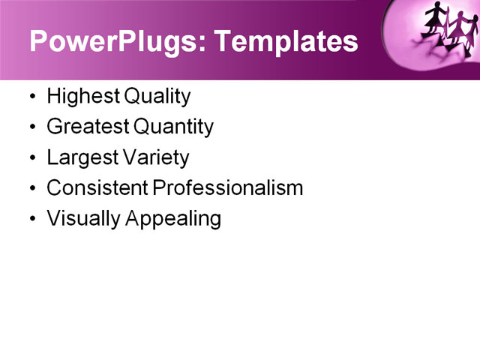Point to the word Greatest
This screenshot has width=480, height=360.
(83, 127)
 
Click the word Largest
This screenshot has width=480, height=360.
(79, 158)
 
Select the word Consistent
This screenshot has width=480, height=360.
(97, 188)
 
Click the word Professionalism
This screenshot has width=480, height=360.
(228, 188)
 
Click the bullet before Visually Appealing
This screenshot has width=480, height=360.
(31, 220)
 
